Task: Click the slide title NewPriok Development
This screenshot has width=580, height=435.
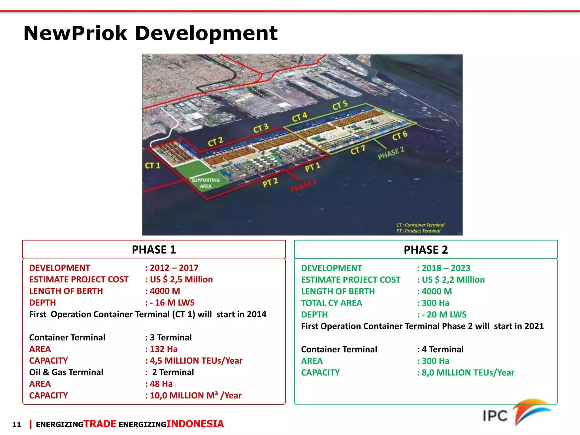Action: [150, 33]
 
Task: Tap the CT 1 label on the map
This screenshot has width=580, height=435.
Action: [152, 166]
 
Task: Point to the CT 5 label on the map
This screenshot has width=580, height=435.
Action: [340, 105]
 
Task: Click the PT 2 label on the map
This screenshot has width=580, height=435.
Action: [270, 183]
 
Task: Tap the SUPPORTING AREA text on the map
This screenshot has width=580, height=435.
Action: [206, 183]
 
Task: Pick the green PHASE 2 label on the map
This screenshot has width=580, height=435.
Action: [391, 153]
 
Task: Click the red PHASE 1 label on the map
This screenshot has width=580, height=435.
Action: [303, 186]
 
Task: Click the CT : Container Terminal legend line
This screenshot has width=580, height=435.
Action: [420, 225]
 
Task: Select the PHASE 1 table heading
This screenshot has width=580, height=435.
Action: [154, 250]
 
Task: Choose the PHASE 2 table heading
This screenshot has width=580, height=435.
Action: [426, 250]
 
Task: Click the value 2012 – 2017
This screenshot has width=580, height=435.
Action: [174, 268]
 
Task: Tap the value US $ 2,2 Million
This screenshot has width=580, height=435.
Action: [453, 280]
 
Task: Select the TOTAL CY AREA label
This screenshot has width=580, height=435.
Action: [331, 303]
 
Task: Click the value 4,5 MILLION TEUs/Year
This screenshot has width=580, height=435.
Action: [196, 361]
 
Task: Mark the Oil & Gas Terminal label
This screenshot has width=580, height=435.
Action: [66, 372]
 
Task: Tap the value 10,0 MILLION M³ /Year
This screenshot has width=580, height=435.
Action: [195, 396]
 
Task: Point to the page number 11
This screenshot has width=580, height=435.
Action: [17, 425]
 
